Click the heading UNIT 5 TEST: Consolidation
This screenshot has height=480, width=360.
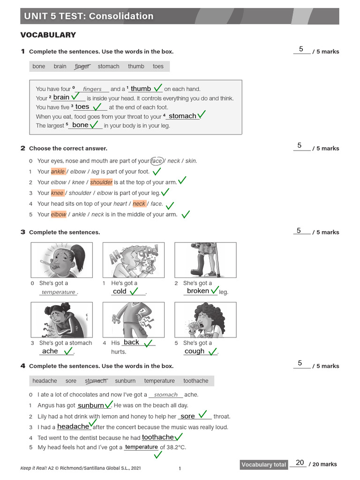pos(89,16)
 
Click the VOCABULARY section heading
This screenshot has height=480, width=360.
pos(48,35)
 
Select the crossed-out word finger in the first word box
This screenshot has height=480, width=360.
pos(82,67)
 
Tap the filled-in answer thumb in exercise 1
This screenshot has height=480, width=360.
pos(141,89)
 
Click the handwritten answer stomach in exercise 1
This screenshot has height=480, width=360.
pos(182,116)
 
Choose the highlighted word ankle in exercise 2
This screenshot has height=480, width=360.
pos(58,172)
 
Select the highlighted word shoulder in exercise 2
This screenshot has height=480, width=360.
pos(101,182)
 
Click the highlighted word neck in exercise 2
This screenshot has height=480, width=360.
pos(139,204)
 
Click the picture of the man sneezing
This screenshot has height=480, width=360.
pos(134,260)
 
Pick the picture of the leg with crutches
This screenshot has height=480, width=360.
pos(205,260)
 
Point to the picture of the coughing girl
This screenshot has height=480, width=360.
pos(205,320)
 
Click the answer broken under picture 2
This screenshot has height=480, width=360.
pos(198,291)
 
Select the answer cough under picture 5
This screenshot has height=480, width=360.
pos(195,351)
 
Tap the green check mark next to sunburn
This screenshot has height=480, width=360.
pos(108,404)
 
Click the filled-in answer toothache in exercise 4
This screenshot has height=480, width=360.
pos(158,437)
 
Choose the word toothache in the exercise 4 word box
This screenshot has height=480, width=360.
pos(195,381)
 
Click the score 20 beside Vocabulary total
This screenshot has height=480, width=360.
pos(300,463)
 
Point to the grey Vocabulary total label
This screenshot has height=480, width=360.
pos(263,465)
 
